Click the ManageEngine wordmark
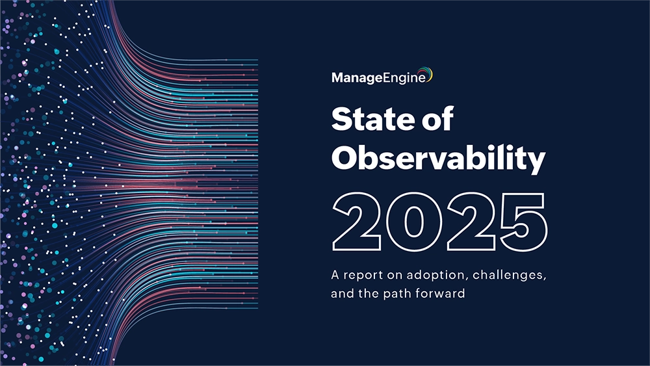378,78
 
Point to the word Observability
437,159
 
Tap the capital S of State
342,120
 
